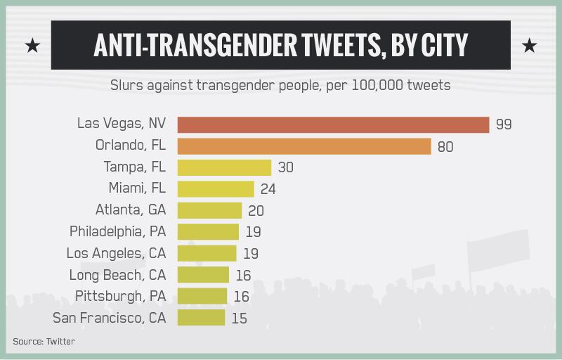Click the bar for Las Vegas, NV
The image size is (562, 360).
point(333,124)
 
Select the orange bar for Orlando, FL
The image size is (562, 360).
point(303,146)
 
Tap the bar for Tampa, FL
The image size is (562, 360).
point(224,167)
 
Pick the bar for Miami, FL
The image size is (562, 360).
point(216,188)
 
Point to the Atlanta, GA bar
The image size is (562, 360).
point(209,210)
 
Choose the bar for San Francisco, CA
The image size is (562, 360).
point(201,317)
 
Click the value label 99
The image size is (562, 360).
point(504,125)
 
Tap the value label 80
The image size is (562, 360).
point(445,147)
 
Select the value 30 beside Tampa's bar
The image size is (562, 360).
point(285,168)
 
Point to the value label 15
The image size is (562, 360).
point(240,318)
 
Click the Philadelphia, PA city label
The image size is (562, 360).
point(117,231)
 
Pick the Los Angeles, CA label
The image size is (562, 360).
point(116,253)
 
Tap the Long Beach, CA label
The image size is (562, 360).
point(117,274)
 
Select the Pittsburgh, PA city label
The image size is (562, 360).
point(117,296)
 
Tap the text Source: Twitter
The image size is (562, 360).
point(44,342)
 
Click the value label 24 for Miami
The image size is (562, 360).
point(268,189)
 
